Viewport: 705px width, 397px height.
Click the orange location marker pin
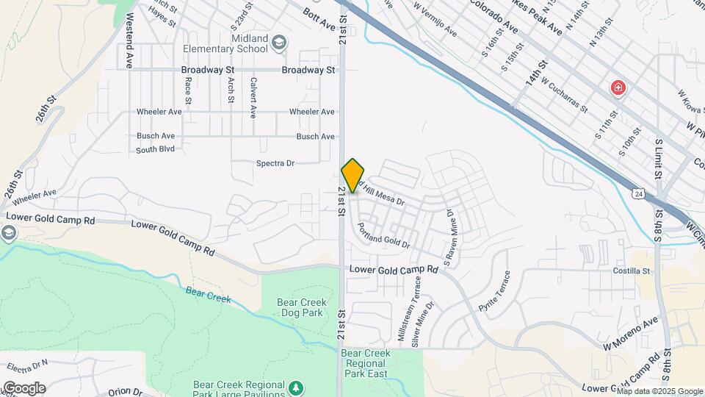(352, 175)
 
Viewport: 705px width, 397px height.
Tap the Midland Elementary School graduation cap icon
(279, 43)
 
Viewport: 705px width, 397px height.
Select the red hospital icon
(618, 89)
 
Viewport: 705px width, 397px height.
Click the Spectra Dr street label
(275, 163)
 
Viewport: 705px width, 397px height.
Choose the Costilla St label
(632, 271)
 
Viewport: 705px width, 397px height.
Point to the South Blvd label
(156, 149)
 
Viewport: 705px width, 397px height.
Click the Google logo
(23, 387)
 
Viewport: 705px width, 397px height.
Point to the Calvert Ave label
(253, 98)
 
